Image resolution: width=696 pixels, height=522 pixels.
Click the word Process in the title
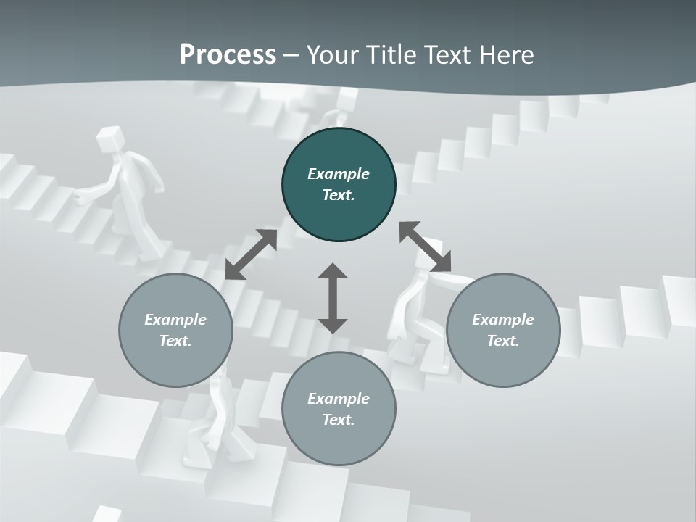tap(228, 55)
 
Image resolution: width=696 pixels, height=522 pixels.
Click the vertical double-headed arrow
tap(333, 298)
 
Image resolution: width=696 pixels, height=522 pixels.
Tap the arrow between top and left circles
tap(251, 254)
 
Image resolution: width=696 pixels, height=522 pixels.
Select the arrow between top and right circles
tap(425, 246)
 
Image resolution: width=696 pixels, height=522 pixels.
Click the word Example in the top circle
tap(339, 174)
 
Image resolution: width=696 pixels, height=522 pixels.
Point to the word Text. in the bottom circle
tap(339, 420)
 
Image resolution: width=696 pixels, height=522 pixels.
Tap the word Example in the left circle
tap(175, 320)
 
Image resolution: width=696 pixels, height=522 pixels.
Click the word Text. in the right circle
tap(503, 341)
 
